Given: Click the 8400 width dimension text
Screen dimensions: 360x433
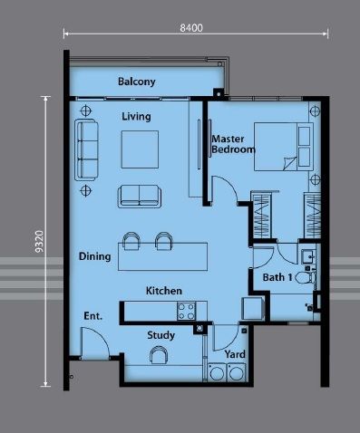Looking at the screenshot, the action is point(191,28).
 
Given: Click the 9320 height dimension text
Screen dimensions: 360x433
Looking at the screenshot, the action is point(39,242).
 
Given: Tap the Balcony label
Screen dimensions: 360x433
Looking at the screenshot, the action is point(137,82).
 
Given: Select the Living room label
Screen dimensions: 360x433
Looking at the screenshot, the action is point(136,117).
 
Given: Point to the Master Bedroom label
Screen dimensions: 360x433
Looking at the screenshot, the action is point(233,144).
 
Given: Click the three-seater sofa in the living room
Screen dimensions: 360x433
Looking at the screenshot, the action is point(86,149).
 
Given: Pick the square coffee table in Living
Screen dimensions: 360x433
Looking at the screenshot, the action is point(140,149).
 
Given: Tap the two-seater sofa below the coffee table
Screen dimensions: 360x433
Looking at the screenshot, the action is point(140,197).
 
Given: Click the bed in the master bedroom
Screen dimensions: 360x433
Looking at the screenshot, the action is point(284,147).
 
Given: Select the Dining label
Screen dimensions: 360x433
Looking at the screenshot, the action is point(94,256).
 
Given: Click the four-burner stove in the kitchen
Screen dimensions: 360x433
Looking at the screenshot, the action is point(186,312).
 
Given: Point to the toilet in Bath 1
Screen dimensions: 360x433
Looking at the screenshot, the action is point(305,277).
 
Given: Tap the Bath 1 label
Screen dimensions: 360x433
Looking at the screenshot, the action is point(277,277).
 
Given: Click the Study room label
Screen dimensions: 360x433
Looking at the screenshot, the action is point(161,335).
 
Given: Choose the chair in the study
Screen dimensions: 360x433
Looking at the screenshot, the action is point(159,355).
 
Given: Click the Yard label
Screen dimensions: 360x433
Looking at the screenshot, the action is point(235,354).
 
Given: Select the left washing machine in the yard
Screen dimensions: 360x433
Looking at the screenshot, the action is point(217,372).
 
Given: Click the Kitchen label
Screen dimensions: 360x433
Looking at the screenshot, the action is point(164,291).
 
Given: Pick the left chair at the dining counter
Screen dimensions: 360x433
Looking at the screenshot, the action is point(131,241).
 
